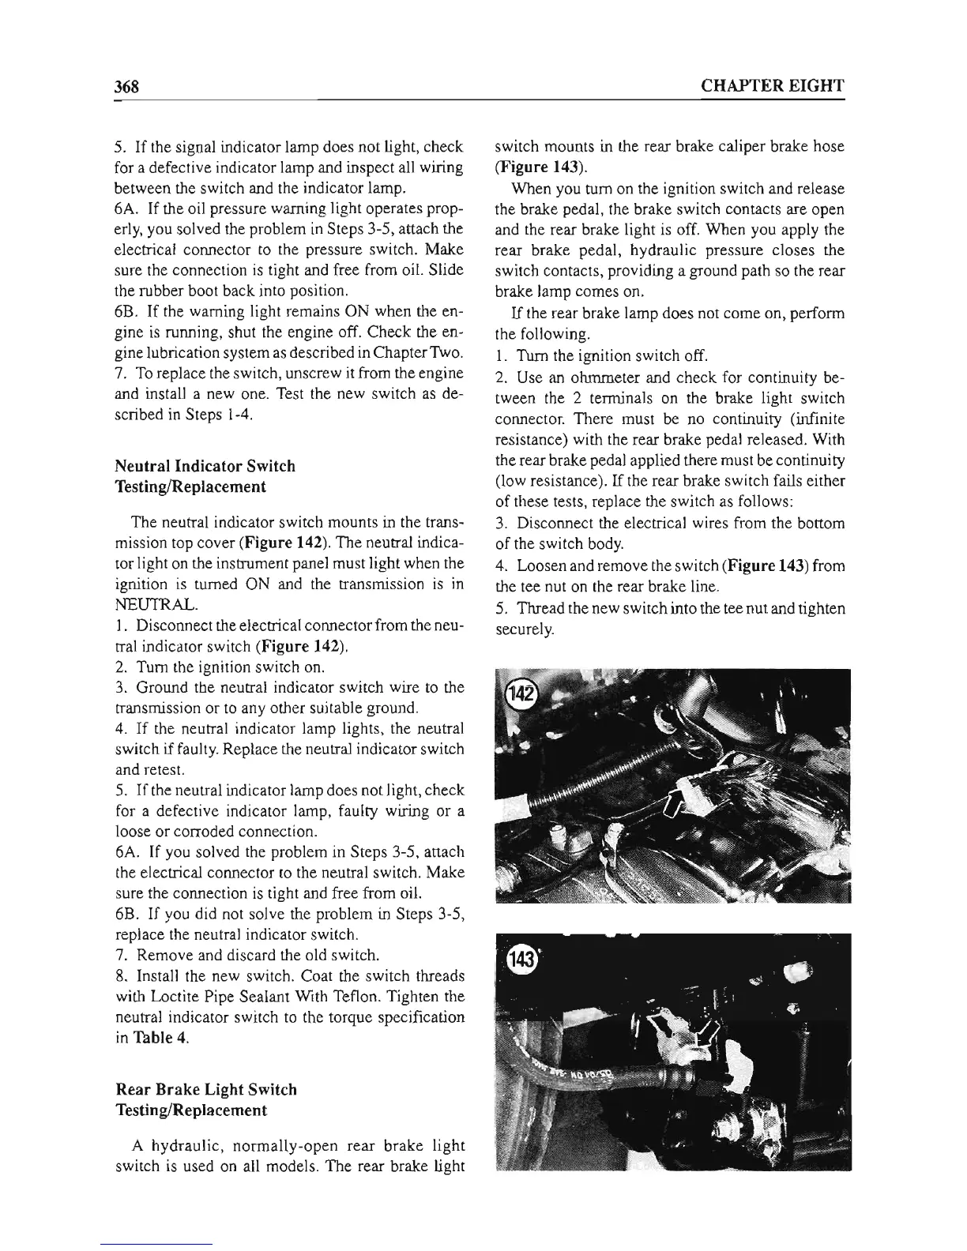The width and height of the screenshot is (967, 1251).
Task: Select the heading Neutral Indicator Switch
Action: pyautogui.click(x=205, y=466)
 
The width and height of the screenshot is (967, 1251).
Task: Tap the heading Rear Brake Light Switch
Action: pyautogui.click(x=206, y=1090)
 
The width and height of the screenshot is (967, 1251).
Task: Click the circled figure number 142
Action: pyautogui.click(x=521, y=693)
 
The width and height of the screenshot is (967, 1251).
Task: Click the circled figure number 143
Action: pyautogui.click(x=522, y=960)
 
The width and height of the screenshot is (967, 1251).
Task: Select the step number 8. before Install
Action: pyautogui.click(x=121, y=976)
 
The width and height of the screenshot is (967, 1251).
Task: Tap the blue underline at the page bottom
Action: pyautogui.click(x=158, y=1244)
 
